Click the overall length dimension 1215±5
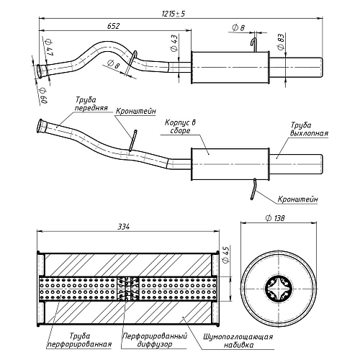click(174, 14)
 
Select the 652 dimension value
click(113, 26)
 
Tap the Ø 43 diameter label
click(174, 43)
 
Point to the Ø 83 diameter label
click(281, 42)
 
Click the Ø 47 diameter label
click(49, 48)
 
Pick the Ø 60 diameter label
click(43, 95)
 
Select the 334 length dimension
click(124, 226)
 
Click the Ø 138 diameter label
click(275, 218)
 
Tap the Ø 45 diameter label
click(226, 255)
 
